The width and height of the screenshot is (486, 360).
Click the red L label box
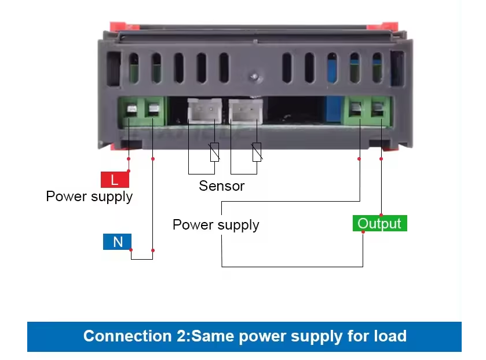pos(115,180)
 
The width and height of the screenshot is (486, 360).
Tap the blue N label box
pos(118,242)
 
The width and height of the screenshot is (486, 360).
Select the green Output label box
pos(379,223)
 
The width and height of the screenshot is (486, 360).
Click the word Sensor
pos(221,186)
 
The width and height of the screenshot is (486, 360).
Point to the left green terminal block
pos(142,111)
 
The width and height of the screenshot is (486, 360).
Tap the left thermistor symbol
pos(214,151)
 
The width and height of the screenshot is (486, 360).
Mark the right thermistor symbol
pos(257,151)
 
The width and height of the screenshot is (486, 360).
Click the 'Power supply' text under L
pos(89,197)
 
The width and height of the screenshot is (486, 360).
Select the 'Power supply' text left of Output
pos(215,225)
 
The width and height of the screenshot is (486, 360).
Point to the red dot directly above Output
pos(381,214)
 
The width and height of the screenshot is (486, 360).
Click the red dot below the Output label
pos(363,232)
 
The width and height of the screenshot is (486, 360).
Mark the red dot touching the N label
pos(131,250)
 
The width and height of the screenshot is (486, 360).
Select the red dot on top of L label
pos(128,171)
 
